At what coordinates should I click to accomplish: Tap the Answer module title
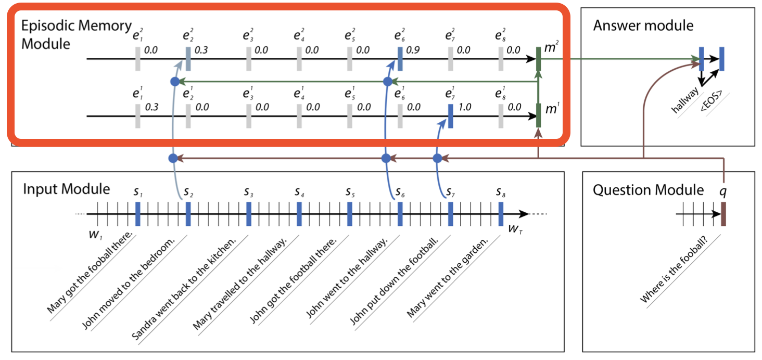[643, 25]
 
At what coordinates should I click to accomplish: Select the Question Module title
[648, 190]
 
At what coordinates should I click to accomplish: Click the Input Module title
[66, 189]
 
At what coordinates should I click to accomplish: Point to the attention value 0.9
[413, 51]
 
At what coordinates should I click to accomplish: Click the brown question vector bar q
[723, 214]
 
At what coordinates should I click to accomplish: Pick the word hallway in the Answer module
[685, 100]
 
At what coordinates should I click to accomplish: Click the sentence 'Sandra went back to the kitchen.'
[184, 289]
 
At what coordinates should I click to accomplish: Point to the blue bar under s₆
[400, 213]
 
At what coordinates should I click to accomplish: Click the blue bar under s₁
[137, 213]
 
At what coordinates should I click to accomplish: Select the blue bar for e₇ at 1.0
[450, 115]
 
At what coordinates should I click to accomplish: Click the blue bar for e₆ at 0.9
[400, 59]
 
